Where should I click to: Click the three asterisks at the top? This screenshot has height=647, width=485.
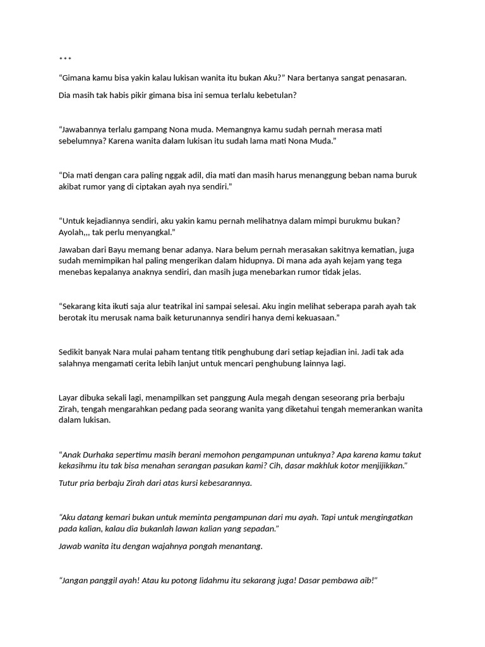coord(65,60)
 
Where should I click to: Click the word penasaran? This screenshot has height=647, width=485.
coord(385,78)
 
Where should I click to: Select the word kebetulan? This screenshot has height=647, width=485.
coord(273,95)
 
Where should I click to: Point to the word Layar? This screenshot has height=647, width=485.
coord(69,397)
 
